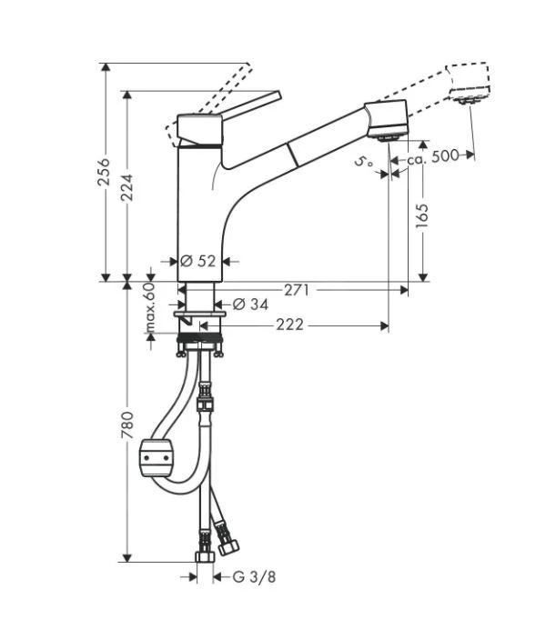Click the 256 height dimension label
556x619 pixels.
coord(105,174)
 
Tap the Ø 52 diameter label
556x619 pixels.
coord(200,261)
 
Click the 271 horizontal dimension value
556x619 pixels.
coord(298,290)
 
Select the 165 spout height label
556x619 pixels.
coord(422,215)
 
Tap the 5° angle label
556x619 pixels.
coord(365,163)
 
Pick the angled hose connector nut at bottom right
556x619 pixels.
coord(227,546)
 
